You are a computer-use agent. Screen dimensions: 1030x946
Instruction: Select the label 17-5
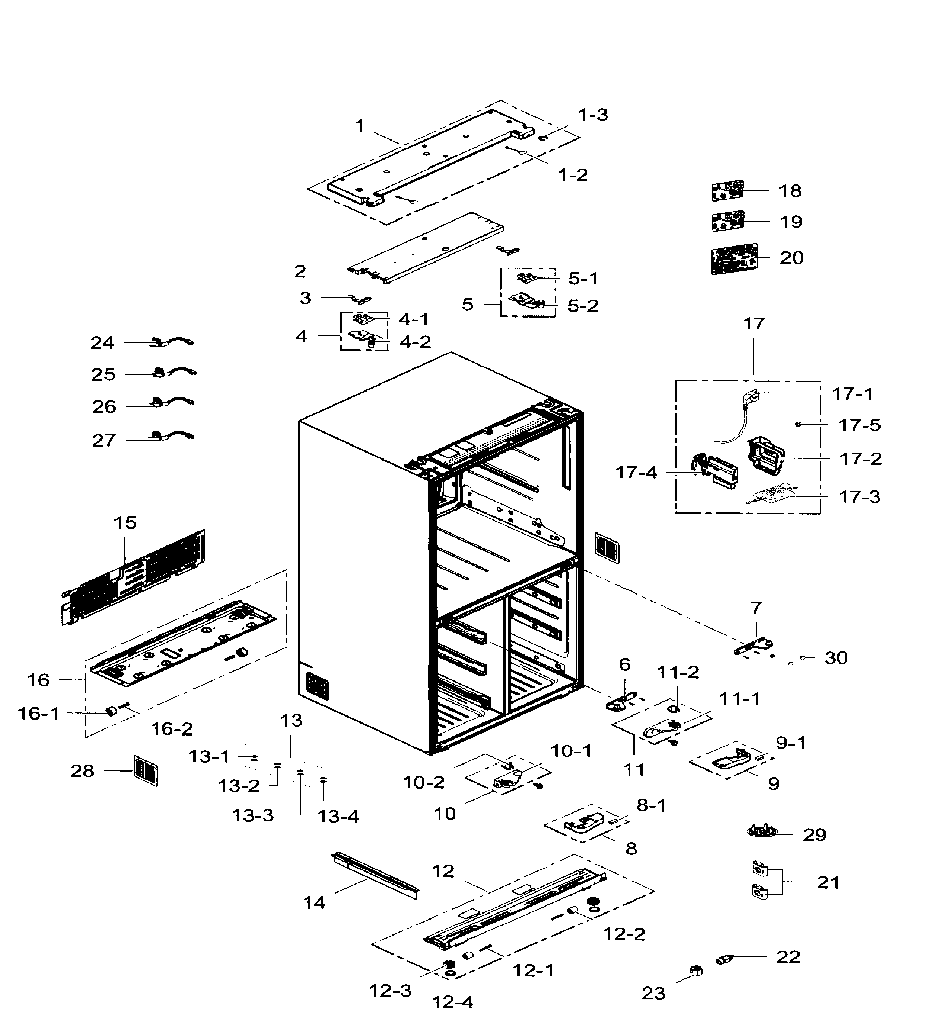(x=859, y=425)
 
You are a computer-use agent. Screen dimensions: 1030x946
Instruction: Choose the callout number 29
(x=814, y=835)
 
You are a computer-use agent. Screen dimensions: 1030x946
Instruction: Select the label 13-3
(x=252, y=815)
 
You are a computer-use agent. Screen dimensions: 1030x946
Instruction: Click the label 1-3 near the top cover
(x=593, y=115)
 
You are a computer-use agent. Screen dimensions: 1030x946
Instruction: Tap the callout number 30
(x=836, y=658)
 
